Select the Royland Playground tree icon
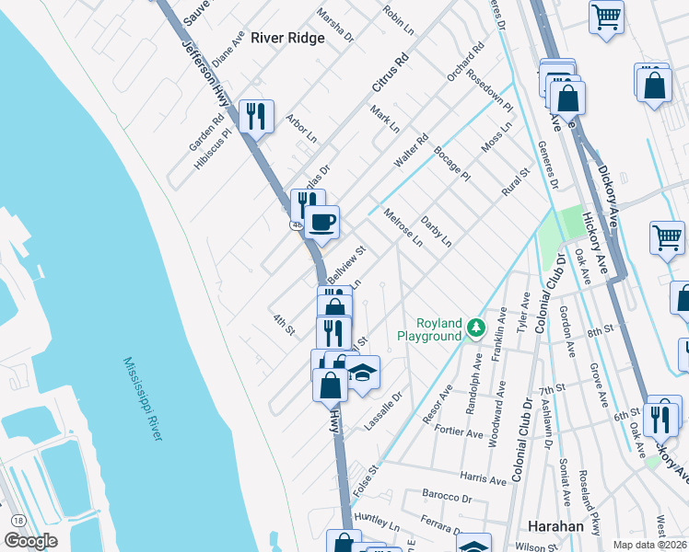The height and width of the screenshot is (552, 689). click(x=475, y=327)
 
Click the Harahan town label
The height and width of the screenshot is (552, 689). click(x=556, y=526)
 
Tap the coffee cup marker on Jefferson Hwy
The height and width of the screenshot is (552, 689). click(x=322, y=222)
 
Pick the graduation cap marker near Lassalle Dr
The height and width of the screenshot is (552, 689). click(x=363, y=373)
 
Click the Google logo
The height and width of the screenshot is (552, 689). click(x=29, y=541)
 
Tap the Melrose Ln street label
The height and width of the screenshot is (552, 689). click(x=403, y=226)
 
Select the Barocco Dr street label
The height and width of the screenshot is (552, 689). click(x=448, y=498)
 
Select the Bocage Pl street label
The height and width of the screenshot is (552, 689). click(x=452, y=163)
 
